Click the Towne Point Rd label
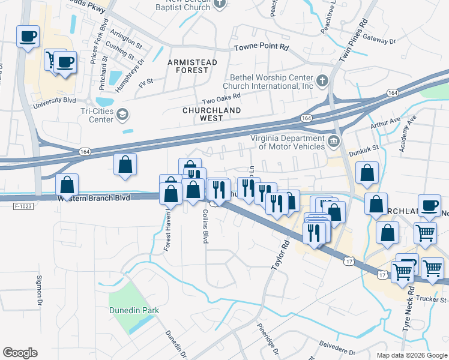pos(261,47)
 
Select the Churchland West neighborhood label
pos(211,114)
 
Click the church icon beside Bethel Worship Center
pos(322,80)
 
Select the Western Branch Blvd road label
pos(94,197)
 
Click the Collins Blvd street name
pos(205,226)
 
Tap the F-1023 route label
pos(22,206)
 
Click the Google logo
pos(20,353)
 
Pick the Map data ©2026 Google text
pos(411,355)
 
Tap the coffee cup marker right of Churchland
pos(430,206)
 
